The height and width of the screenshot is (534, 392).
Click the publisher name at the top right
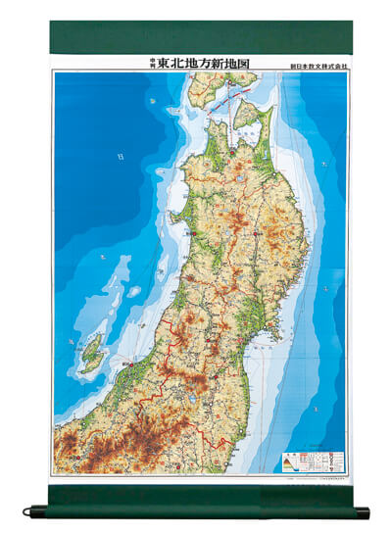313,65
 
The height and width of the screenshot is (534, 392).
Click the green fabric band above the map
195,38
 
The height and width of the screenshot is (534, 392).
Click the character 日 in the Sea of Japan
120,155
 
